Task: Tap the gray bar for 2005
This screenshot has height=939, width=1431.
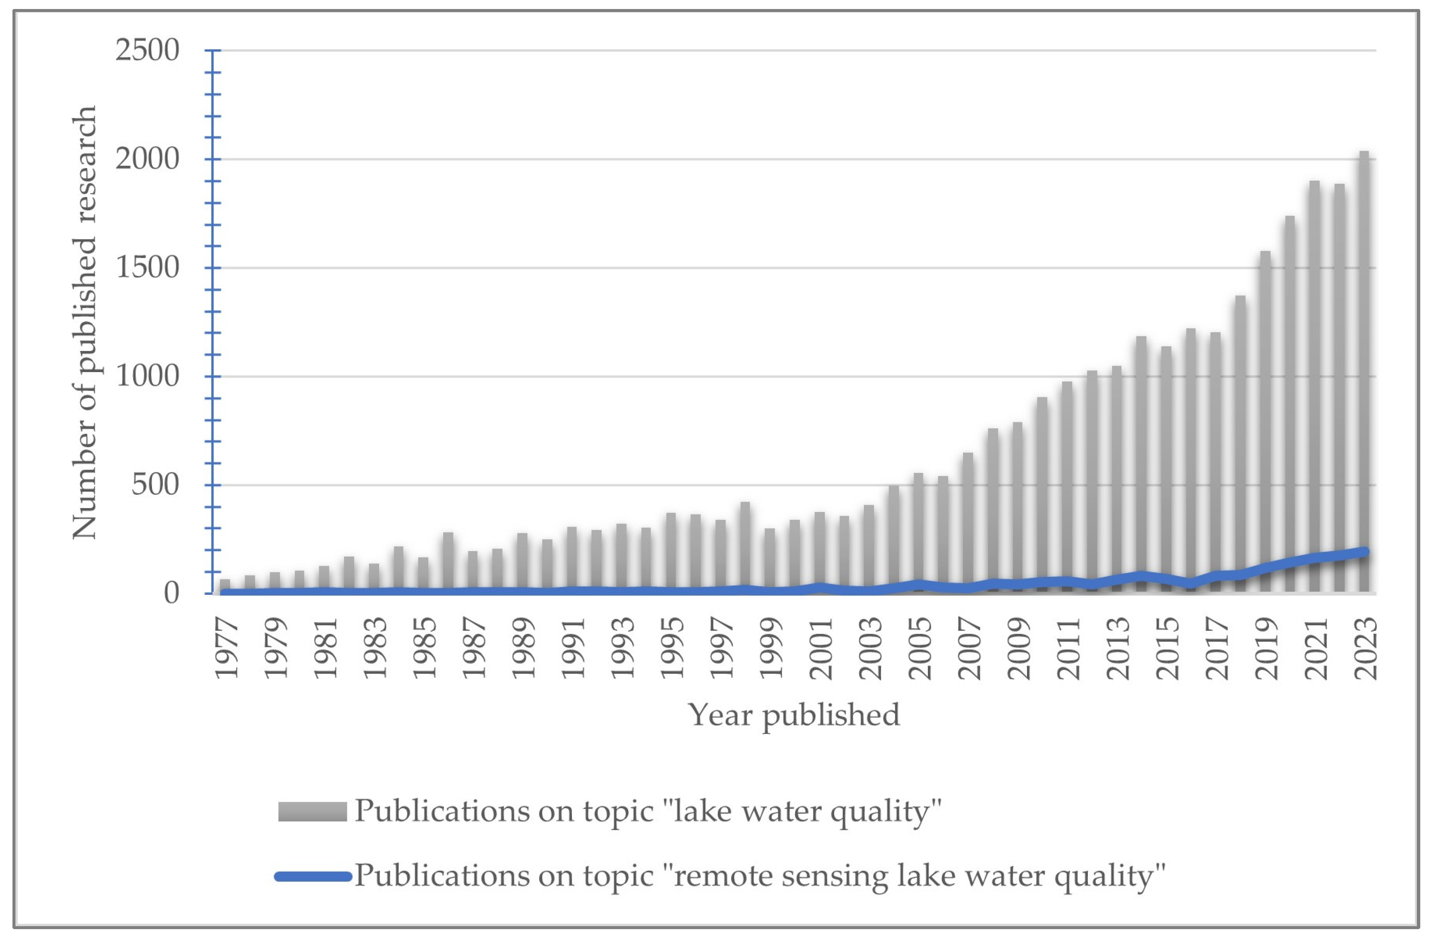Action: [x=918, y=529]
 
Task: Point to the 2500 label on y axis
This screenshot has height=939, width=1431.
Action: [x=147, y=50]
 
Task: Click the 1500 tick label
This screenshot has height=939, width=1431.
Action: [x=147, y=267]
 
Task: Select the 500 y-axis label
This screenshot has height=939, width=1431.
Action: [x=155, y=485]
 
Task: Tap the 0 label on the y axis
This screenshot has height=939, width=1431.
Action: [x=171, y=594]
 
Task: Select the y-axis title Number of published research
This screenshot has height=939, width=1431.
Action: [x=84, y=323]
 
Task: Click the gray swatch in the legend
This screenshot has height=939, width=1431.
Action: [x=312, y=812]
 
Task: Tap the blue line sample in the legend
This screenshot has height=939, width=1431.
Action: [x=313, y=876]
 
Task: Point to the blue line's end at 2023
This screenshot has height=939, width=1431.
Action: [x=1364, y=551]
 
